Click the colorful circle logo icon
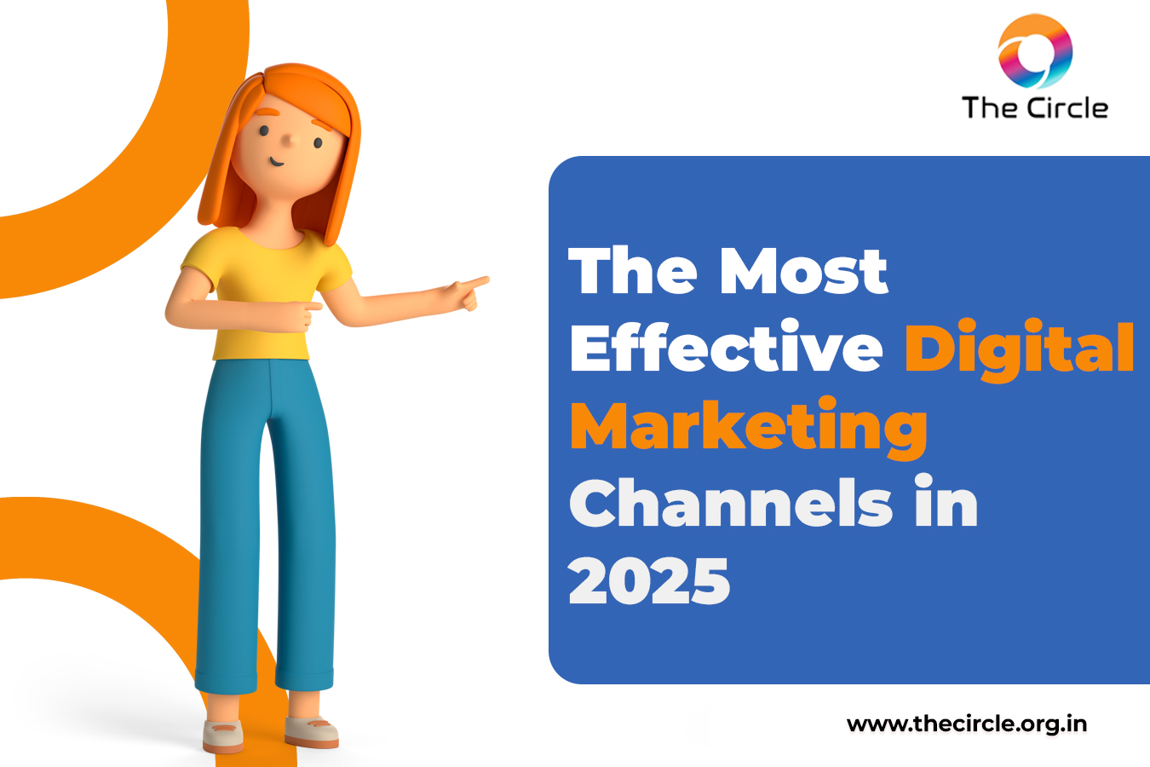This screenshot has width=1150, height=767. pyautogui.click(x=1035, y=51)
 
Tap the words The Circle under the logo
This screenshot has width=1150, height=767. pyautogui.click(x=1035, y=108)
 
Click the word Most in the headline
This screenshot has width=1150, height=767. pyautogui.click(x=803, y=271)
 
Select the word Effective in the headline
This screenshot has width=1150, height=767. pyautogui.click(x=727, y=346)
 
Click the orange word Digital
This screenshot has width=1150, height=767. pyautogui.click(x=1019, y=349)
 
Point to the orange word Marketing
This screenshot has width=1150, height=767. pyautogui.click(x=749, y=428)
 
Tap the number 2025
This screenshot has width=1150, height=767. pyautogui.click(x=649, y=581)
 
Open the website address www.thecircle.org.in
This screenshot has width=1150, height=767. pyautogui.click(x=967, y=724)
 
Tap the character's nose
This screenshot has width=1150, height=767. pyautogui.click(x=290, y=141)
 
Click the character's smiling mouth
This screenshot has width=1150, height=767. pyautogui.click(x=277, y=163)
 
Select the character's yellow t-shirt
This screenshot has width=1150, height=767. pyautogui.click(x=267, y=294)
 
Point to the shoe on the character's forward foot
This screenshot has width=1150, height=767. pyautogui.click(x=311, y=731)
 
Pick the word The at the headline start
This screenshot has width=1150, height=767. pyautogui.click(x=632, y=271)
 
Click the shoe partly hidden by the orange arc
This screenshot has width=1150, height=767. pyautogui.click(x=223, y=736)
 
